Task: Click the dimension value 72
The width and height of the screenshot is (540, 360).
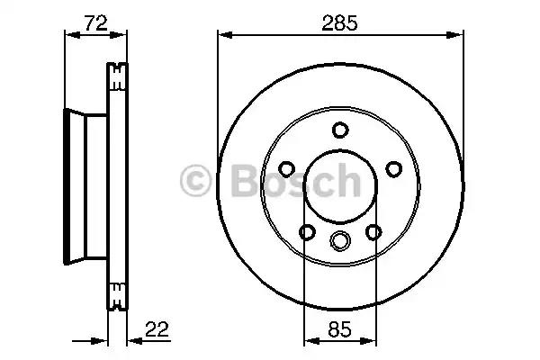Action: click(96, 22)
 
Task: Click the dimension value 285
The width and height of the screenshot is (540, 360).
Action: click(339, 22)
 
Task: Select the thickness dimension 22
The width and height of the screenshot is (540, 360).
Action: click(157, 329)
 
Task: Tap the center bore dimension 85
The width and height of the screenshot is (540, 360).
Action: click(339, 329)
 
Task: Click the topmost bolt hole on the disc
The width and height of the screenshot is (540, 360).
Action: click(340, 130)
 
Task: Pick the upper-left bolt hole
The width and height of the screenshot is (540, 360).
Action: click(286, 169)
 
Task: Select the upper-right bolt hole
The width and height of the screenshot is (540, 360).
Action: click(394, 169)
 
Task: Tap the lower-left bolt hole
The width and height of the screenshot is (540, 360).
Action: click(307, 232)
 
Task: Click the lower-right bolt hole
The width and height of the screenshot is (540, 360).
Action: click(373, 232)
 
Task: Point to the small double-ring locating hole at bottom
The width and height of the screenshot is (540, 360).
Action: click(340, 240)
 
